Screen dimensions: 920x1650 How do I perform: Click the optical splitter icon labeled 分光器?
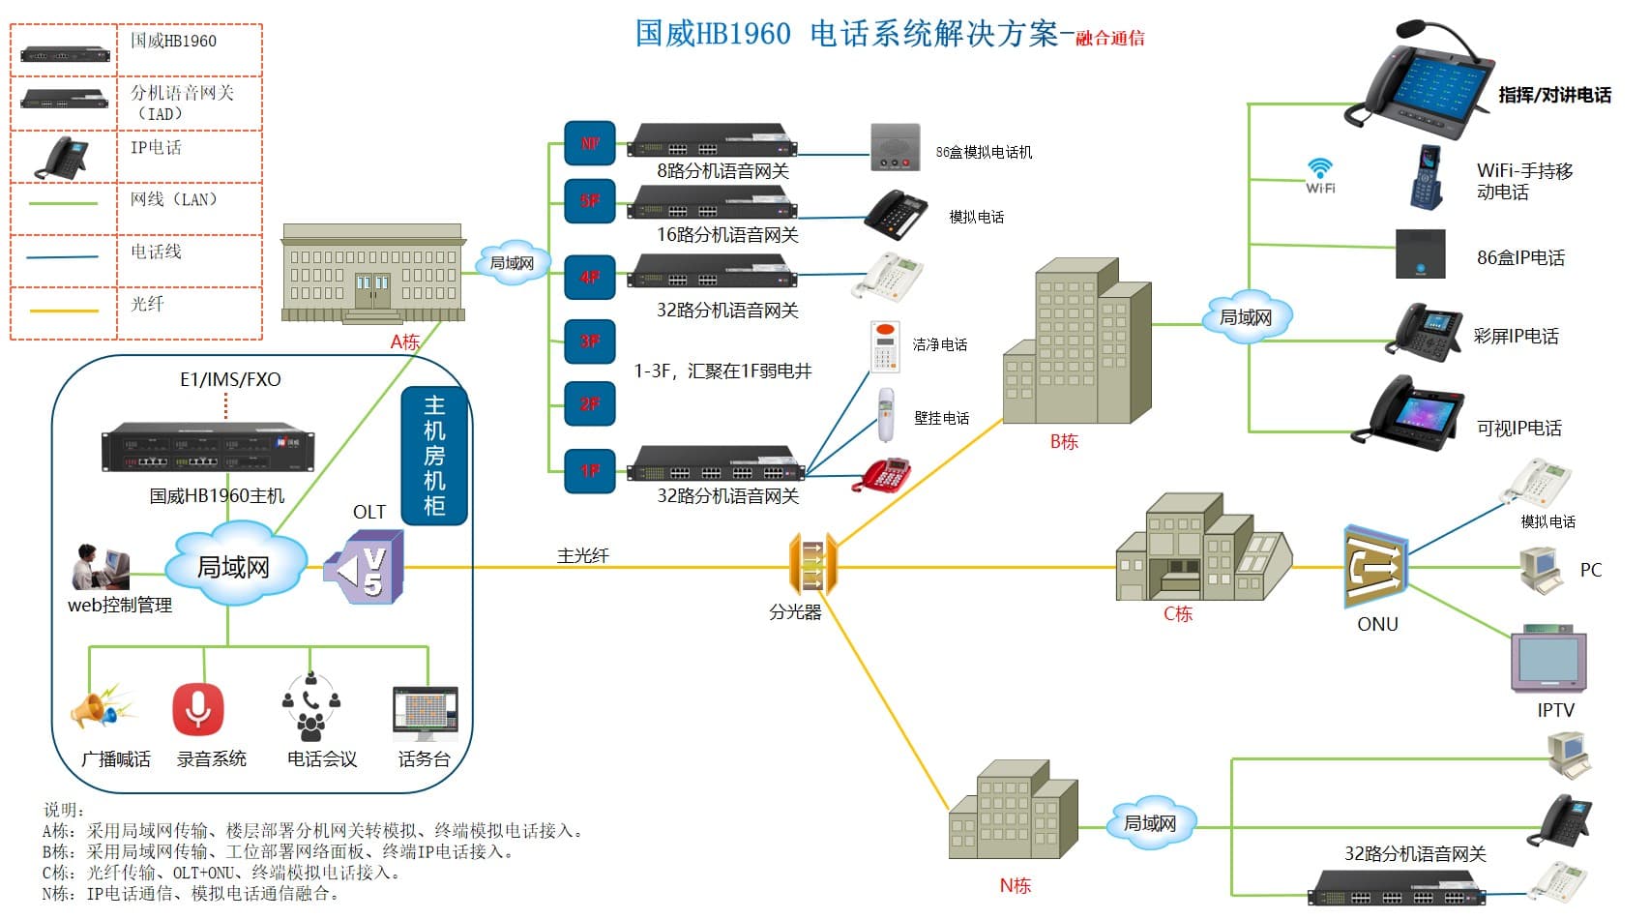[812, 564]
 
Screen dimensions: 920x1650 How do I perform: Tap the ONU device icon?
[1375, 567]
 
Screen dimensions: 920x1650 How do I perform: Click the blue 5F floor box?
[590, 200]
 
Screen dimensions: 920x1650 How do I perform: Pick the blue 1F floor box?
[590, 470]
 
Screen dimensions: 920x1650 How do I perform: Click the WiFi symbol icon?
[1320, 174]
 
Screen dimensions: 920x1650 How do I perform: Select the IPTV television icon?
[1548, 660]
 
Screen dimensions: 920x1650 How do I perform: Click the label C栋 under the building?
[1177, 613]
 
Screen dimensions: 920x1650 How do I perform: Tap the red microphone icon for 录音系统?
[198, 709]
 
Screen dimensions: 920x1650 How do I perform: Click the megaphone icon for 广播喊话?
[102, 709]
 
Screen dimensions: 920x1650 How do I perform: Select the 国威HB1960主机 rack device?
[207, 447]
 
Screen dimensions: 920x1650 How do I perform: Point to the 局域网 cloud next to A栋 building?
[511, 262]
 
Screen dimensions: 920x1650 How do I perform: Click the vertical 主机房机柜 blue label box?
[434, 455]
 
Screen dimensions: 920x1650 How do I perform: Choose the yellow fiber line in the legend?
[64, 311]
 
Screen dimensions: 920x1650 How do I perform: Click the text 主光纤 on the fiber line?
[582, 555]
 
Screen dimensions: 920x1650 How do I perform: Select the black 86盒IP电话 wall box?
[1420, 254]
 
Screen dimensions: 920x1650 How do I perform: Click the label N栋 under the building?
[1015, 885]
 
